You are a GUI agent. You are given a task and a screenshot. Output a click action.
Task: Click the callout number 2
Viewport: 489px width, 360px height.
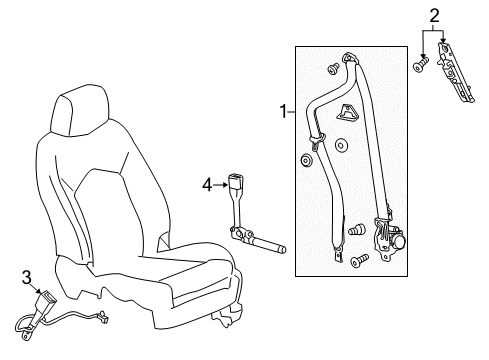coord(433,14)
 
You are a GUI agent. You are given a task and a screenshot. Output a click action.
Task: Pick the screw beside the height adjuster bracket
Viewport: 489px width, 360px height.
coord(420,66)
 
